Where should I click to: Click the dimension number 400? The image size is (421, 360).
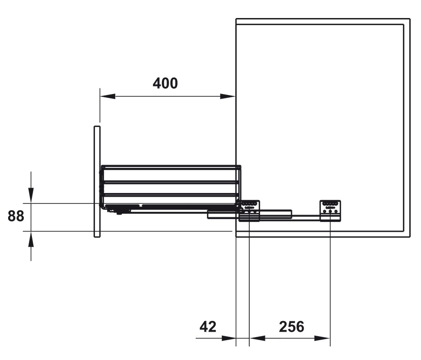165,83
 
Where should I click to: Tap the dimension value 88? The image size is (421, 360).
16,216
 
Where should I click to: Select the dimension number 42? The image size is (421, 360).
208,327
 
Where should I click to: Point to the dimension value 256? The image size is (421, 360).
291,327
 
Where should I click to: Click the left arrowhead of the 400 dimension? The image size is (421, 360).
107,96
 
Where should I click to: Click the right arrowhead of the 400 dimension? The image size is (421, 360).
228,96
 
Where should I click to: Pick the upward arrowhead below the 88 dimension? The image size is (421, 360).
31,239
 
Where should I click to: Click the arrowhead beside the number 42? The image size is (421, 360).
228,338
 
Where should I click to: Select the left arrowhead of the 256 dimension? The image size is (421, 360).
257,338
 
